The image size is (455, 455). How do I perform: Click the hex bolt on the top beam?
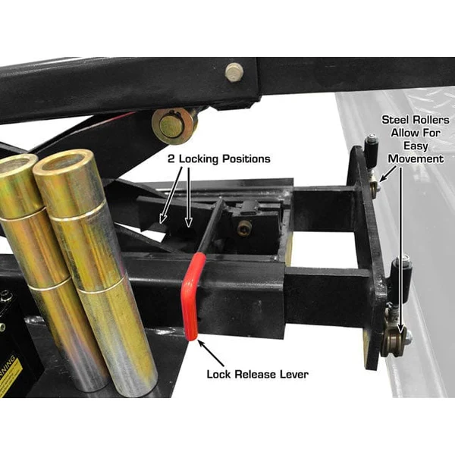click(234, 72)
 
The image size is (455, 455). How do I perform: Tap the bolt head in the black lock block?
click(245, 227)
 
